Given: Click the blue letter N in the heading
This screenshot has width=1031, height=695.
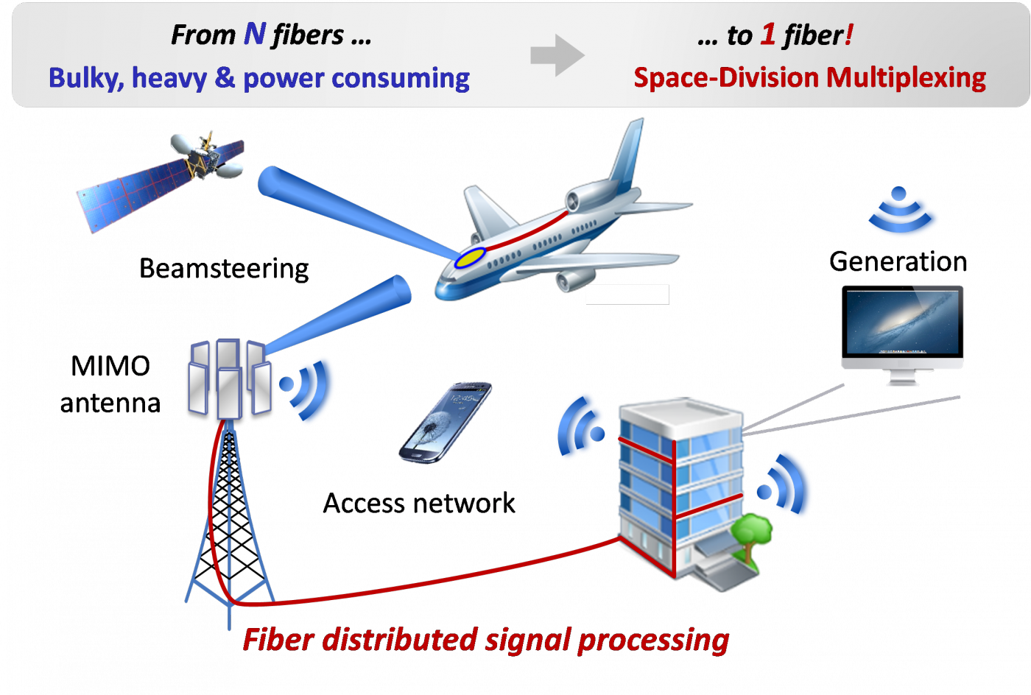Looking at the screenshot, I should (x=255, y=34).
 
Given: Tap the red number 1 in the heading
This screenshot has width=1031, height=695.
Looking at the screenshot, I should (x=768, y=35).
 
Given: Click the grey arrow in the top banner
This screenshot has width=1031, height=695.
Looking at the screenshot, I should (x=557, y=54).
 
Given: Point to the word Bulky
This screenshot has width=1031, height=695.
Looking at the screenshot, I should (x=85, y=78).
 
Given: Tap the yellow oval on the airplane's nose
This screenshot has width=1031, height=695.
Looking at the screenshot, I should (x=470, y=257).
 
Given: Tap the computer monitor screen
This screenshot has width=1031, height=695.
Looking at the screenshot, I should (x=903, y=322).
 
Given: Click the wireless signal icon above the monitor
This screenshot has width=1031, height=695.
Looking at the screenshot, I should (x=904, y=214).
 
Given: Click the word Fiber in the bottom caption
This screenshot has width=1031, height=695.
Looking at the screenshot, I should (x=279, y=640).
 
